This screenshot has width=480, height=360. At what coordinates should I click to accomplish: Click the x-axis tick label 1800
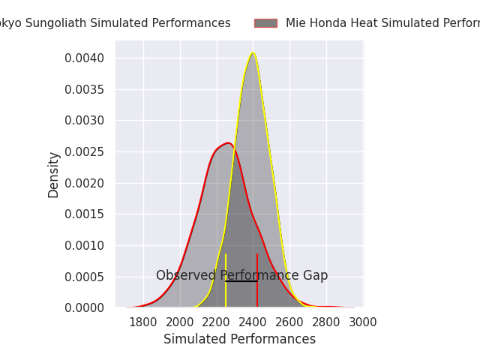click(142, 322)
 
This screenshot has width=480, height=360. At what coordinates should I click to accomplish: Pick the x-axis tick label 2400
click(253, 322)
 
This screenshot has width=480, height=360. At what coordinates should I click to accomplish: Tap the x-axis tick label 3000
click(363, 322)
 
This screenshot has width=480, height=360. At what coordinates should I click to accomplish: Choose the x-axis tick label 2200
click(216, 322)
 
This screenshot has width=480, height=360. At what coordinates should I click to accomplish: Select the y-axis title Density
click(54, 175)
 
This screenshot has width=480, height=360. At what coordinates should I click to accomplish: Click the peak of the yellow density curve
click(253, 52)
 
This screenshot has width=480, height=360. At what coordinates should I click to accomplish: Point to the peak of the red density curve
click(227, 142)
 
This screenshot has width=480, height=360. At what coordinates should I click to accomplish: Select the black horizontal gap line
click(241, 281)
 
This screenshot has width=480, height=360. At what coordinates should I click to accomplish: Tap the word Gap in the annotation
click(315, 276)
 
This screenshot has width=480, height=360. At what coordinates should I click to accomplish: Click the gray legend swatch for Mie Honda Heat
click(265, 23)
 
